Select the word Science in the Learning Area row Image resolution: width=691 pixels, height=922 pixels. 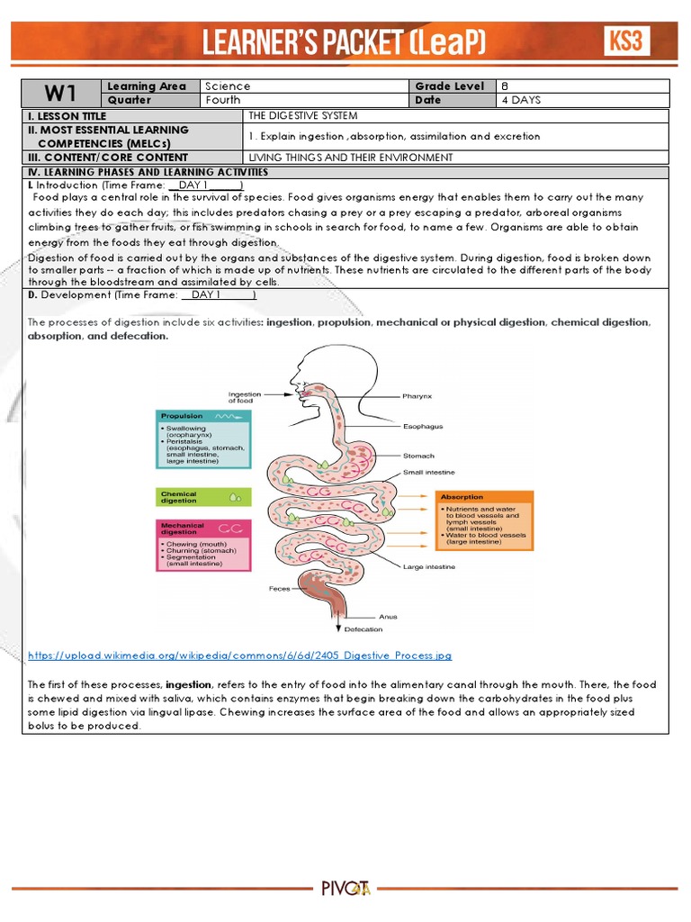[229, 86]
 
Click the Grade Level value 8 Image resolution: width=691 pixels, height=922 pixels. [505, 86]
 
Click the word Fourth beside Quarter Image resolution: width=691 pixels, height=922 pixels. [224, 100]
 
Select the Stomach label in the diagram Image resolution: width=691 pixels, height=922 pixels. [418, 456]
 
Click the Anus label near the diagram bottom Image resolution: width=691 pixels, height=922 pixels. [388, 617]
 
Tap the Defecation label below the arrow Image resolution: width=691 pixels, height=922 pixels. [363, 629]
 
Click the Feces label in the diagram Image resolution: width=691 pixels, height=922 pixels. [279, 589]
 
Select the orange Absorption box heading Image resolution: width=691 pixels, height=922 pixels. [462, 497]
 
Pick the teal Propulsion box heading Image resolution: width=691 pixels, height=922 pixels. [182, 416]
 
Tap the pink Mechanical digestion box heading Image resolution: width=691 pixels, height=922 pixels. [183, 529]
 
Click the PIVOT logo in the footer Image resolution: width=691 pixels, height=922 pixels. [345, 890]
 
